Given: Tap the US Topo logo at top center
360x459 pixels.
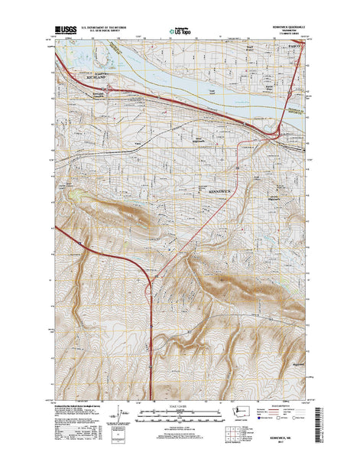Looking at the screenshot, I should tap(180, 33).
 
